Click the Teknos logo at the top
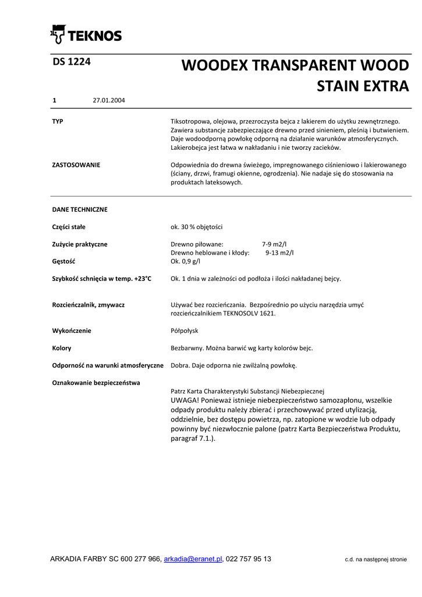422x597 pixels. click(x=86, y=35)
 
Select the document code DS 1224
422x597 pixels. click(x=71, y=62)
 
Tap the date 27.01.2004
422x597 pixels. click(x=109, y=100)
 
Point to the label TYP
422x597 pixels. click(x=58, y=121)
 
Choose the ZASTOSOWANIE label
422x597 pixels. click(x=76, y=165)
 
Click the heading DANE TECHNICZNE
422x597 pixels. click(x=80, y=209)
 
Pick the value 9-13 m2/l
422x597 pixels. click(x=280, y=253)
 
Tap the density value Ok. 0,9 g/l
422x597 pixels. click(x=186, y=262)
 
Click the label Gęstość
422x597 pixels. click(x=64, y=262)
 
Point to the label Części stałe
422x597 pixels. click(x=69, y=227)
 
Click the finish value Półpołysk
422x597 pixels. click(x=185, y=331)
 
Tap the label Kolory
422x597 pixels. click(x=62, y=348)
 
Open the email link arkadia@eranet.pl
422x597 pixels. click(x=193, y=559)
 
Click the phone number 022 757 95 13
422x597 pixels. click(x=249, y=559)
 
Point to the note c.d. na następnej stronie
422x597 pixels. click(x=375, y=560)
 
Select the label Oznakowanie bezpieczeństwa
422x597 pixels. click(x=96, y=383)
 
